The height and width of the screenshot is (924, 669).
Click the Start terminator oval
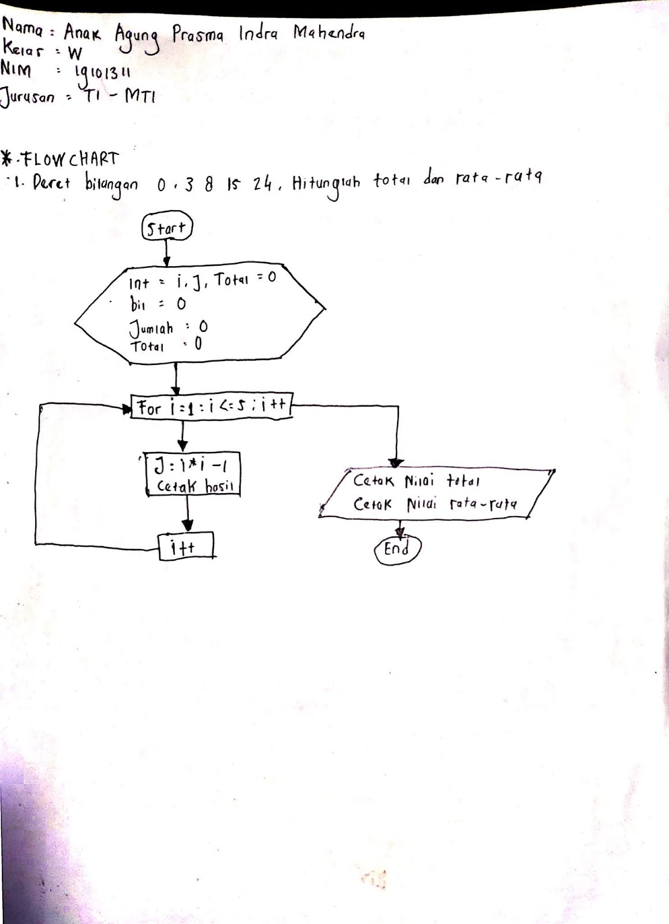[166, 228]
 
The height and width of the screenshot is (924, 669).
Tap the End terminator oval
[398, 549]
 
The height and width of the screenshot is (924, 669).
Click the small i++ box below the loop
[186, 546]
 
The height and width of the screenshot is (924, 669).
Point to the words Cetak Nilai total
[416, 480]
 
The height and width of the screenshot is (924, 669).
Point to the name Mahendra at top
[329, 34]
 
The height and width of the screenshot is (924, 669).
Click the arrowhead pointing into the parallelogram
[396, 462]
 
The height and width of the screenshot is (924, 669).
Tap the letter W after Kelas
[75, 54]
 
